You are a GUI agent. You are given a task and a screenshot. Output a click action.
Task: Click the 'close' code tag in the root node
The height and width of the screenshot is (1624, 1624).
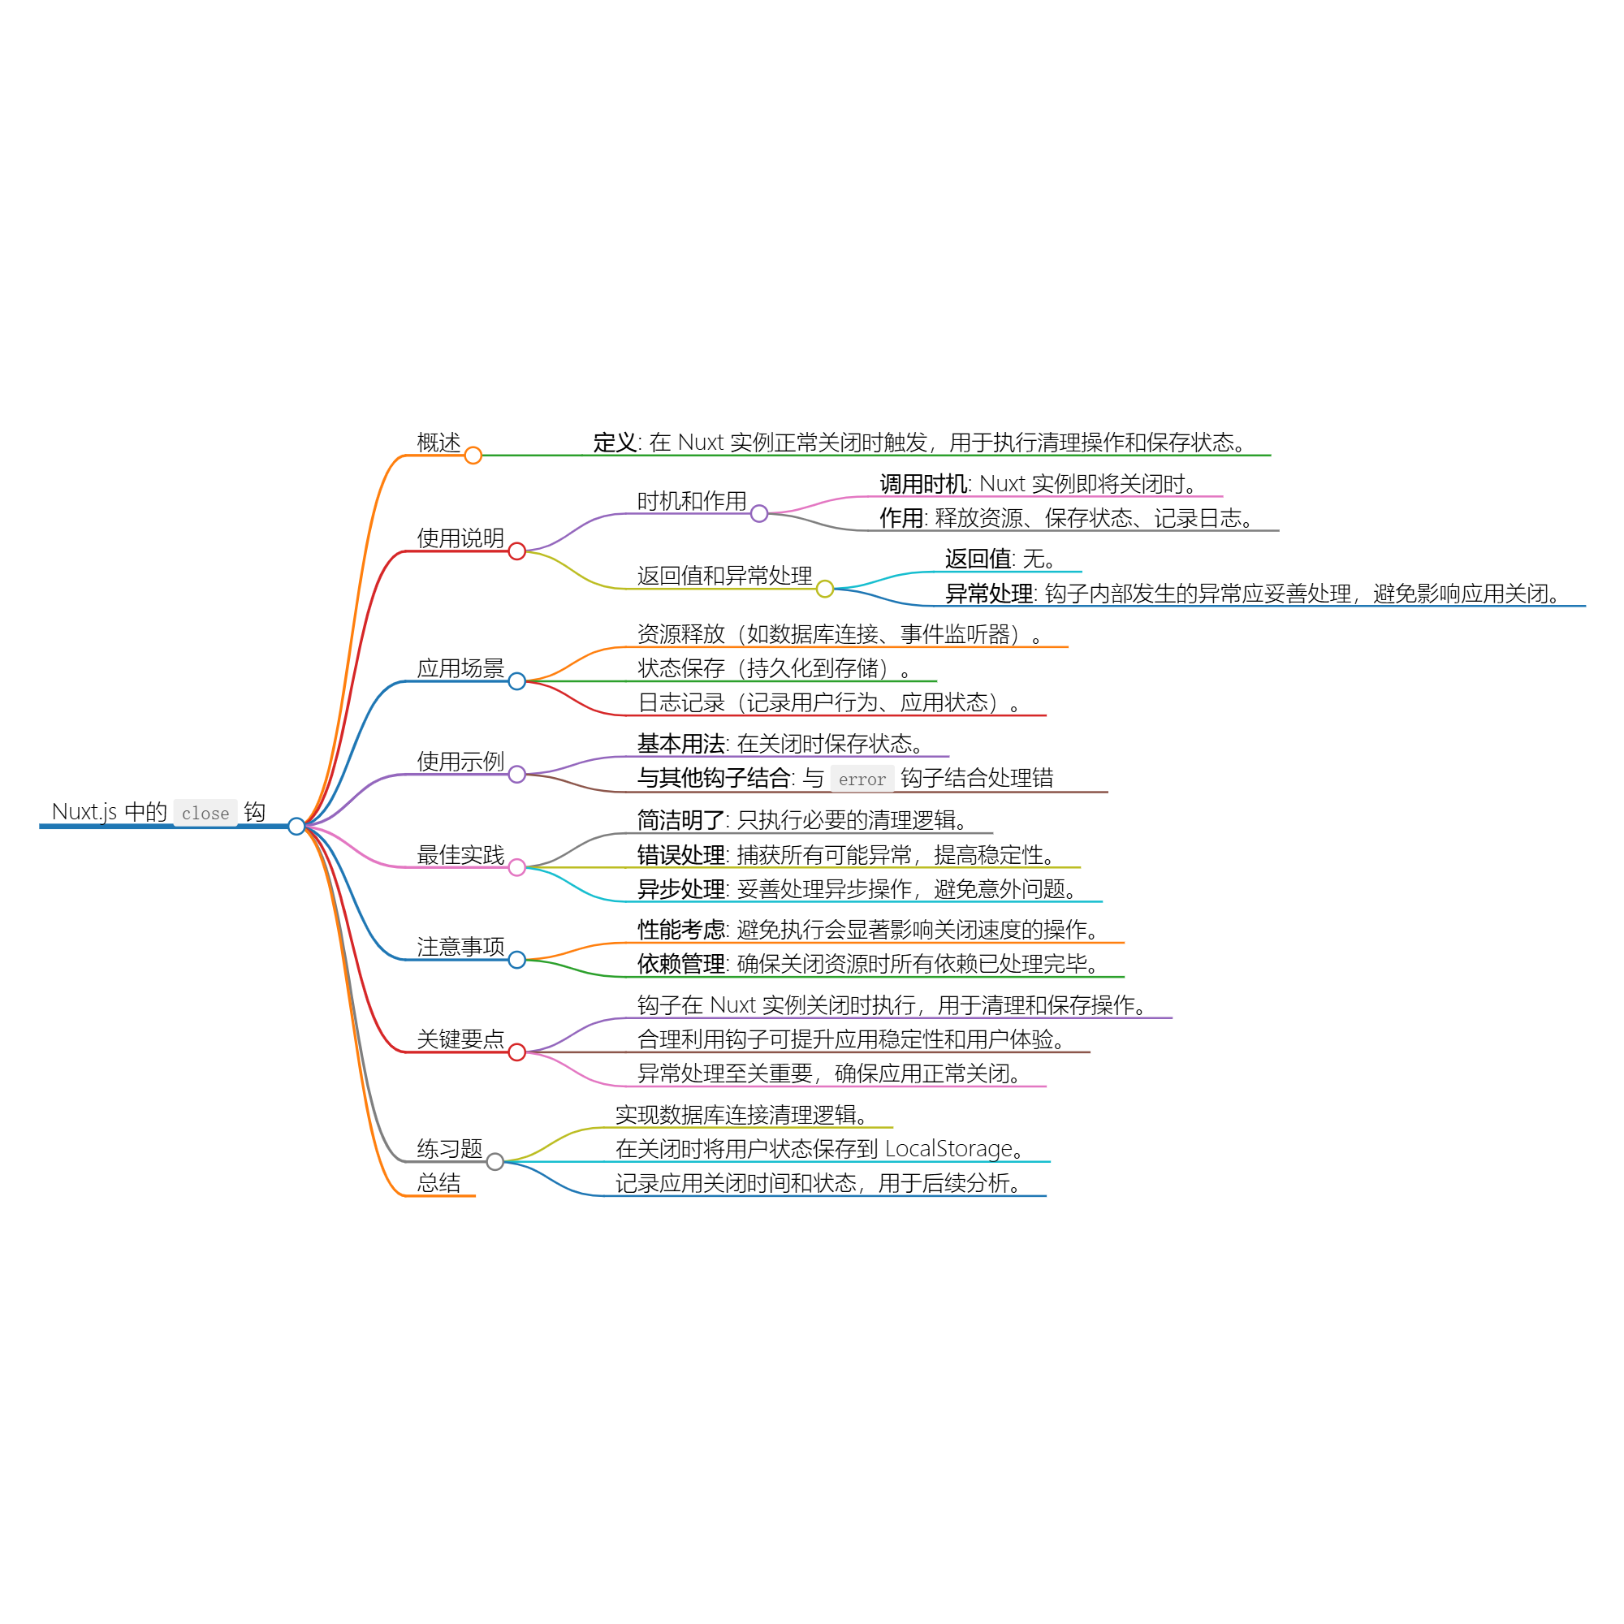[x=205, y=813]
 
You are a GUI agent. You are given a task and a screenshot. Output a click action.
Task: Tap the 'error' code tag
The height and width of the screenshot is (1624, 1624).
[x=862, y=780]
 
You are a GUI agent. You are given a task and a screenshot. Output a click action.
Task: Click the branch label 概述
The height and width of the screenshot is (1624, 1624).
[x=438, y=443]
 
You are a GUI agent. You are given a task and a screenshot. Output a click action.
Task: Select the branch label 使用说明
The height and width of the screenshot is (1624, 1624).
[x=460, y=538]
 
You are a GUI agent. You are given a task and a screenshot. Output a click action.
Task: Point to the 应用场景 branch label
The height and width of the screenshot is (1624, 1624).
[x=460, y=668]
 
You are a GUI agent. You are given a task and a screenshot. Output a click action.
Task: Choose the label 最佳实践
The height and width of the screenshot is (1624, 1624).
[x=460, y=855]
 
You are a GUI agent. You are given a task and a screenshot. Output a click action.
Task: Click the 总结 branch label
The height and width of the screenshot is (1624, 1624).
[x=438, y=1183]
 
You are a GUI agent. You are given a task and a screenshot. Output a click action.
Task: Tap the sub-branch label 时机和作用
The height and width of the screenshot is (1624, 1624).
[x=692, y=501]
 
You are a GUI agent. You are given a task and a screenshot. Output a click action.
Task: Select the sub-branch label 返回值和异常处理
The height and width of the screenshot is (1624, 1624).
[x=724, y=576]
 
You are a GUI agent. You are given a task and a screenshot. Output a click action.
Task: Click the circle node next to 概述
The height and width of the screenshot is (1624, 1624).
[x=473, y=456]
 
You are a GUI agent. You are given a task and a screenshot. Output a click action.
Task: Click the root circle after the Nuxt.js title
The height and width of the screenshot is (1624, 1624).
[x=296, y=827]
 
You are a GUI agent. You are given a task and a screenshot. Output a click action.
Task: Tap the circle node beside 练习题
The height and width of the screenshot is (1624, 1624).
[x=495, y=1162]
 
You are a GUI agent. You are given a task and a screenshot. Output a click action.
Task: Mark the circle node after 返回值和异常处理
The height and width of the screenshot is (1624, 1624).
[x=826, y=590]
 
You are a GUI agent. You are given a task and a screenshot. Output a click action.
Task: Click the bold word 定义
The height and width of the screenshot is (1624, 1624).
[x=615, y=443]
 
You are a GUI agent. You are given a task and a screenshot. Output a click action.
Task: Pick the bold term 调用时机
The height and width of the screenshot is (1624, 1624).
[x=924, y=484]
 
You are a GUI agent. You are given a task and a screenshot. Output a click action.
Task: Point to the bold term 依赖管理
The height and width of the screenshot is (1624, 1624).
[x=681, y=963]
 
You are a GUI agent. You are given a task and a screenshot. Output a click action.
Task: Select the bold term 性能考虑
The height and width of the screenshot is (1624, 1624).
[x=681, y=930]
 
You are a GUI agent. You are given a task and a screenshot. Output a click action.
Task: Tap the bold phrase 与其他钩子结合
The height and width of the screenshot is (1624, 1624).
[x=714, y=779]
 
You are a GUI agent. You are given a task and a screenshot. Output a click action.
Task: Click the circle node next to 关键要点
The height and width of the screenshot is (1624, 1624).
[x=517, y=1052]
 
